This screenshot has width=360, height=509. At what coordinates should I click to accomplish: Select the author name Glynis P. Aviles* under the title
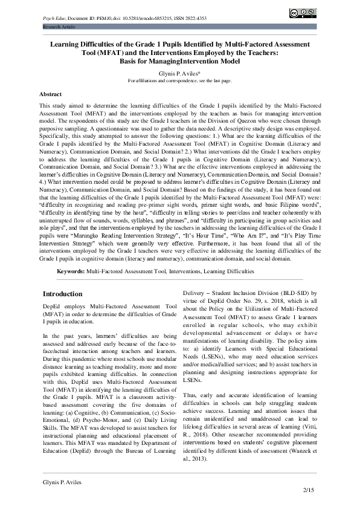pos(179,72)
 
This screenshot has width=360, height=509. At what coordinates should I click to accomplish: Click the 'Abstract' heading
pos(50,95)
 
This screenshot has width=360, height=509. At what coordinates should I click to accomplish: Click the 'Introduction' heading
pos(63,293)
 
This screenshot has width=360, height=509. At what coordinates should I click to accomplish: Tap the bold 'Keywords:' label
pos(70,272)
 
